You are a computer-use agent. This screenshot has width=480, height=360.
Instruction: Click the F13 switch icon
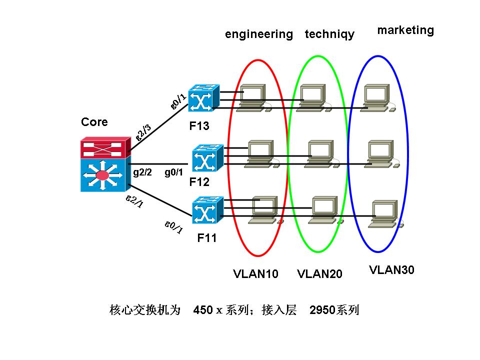[203, 99]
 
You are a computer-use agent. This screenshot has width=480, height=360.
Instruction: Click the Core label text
[94, 122]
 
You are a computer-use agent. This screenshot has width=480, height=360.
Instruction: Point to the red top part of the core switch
[103, 149]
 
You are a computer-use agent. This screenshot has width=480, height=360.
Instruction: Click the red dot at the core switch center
[102, 175]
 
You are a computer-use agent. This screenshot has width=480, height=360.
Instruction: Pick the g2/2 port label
[142, 172]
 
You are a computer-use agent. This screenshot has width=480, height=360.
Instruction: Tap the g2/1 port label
[134, 201]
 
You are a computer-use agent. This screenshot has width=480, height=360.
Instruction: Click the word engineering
[259, 34]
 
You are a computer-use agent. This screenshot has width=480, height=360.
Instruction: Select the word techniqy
[329, 34]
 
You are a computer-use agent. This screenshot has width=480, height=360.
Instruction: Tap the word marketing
[405, 30]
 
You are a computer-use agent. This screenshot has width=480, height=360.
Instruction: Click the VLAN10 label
[255, 273]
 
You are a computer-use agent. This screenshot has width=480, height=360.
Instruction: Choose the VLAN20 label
[319, 273]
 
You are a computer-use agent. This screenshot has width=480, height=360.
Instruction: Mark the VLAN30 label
[392, 270]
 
